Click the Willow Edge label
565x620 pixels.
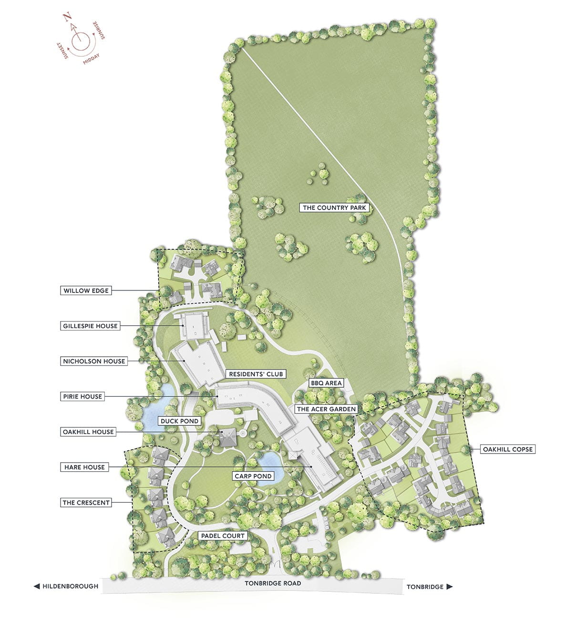[x=86, y=290]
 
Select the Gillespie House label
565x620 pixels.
[x=90, y=326]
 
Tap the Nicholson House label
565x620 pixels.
[x=94, y=361]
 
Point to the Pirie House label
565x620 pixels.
[x=82, y=396]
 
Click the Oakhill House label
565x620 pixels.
[x=88, y=432]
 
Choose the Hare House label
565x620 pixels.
[x=84, y=467]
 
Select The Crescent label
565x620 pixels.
[x=86, y=502]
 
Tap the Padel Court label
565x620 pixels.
[x=223, y=536]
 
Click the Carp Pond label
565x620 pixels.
[x=253, y=476]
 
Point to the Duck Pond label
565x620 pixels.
[x=179, y=421]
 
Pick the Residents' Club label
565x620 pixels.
[x=256, y=374]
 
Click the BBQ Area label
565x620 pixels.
[x=326, y=383]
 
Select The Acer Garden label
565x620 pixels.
[x=326, y=409]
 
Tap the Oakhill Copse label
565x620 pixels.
[x=507, y=449]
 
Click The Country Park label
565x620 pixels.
[x=334, y=207]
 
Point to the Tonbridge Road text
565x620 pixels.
[x=273, y=583]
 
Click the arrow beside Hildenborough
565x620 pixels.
[x=37, y=586]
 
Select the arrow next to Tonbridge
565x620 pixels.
[x=449, y=587]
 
